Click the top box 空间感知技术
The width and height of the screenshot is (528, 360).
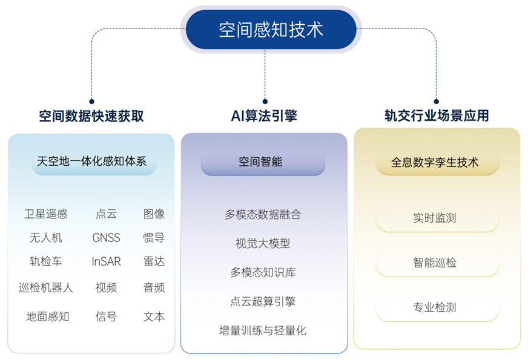pyautogui.click(x=271, y=30)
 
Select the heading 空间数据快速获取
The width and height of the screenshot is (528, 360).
pyautogui.click(x=91, y=116)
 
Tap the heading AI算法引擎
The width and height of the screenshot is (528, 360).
pyautogui.click(x=264, y=116)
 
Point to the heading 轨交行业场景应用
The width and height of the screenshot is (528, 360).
pyautogui.click(x=437, y=116)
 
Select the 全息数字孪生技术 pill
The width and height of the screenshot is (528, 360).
pyautogui.click(x=437, y=162)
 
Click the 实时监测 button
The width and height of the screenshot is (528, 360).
pyautogui.click(x=437, y=218)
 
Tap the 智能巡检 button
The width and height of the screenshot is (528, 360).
pyautogui.click(x=437, y=263)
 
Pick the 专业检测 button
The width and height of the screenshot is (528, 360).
pyautogui.click(x=437, y=307)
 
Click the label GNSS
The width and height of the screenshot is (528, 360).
pyautogui.click(x=107, y=238)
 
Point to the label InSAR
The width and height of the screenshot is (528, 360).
pyautogui.click(x=107, y=262)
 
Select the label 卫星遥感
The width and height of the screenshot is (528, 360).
pyautogui.click(x=46, y=214)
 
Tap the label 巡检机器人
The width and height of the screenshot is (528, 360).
pyautogui.click(x=46, y=287)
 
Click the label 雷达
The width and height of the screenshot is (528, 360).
pyautogui.click(x=154, y=262)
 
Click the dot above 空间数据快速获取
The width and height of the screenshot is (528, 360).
pyautogui.click(x=91, y=102)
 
